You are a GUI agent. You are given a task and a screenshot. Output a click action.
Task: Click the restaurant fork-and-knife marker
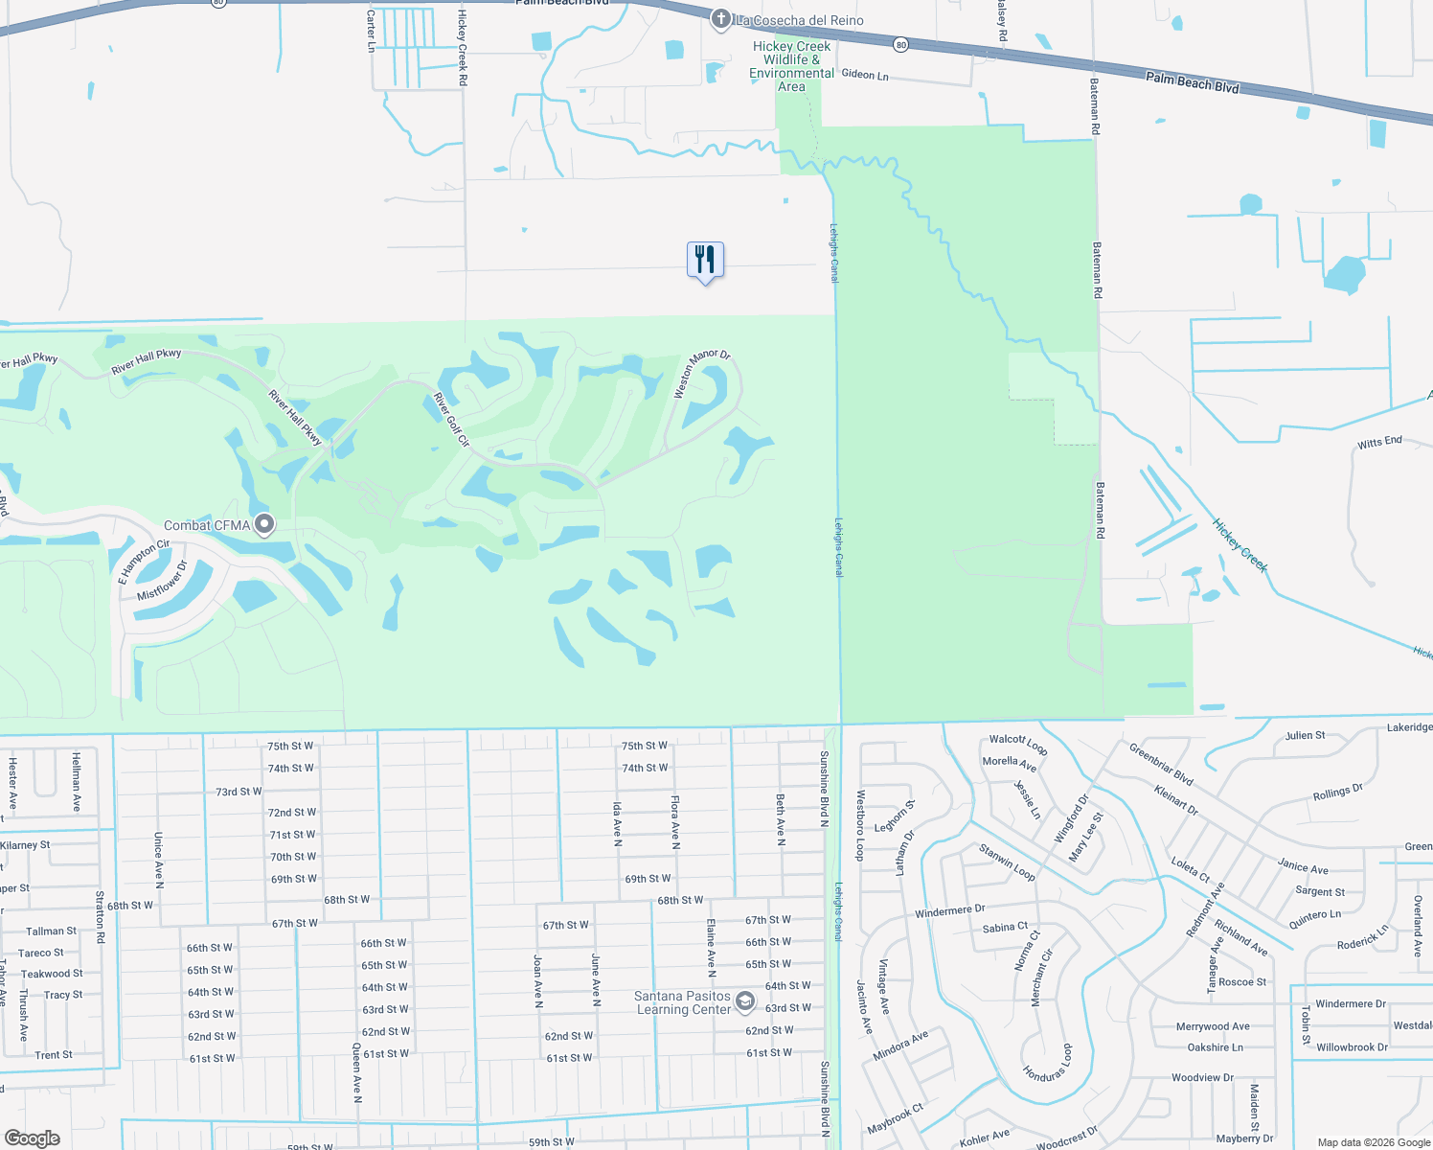tap(705, 260)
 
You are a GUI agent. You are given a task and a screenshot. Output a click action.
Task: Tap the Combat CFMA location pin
tap(264, 524)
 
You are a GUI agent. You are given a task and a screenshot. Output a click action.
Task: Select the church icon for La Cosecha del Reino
tap(721, 19)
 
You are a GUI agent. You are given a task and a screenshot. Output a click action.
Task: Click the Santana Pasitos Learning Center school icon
tap(745, 1002)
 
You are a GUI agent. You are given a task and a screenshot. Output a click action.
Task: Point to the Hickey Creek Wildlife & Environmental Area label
tap(791, 66)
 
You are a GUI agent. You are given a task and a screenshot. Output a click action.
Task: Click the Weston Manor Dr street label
tap(701, 373)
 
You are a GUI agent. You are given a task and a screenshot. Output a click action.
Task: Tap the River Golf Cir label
tap(452, 420)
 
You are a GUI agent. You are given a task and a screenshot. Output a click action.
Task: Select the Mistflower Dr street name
tap(163, 581)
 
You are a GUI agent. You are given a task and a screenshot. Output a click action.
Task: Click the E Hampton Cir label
tap(144, 562)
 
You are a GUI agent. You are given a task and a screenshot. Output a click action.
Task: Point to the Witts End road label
tap(1379, 442)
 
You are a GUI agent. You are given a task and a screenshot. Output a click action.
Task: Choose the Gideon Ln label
tap(865, 75)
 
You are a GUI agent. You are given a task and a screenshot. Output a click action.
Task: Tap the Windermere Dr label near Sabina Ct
tap(949, 910)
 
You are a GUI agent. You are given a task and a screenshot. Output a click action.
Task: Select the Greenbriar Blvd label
tap(1161, 764)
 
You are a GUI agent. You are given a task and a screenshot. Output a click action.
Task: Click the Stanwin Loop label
tap(1007, 862)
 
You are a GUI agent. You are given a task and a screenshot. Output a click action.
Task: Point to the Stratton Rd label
tap(100, 917)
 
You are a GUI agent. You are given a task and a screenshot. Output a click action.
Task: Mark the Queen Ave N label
tap(357, 1073)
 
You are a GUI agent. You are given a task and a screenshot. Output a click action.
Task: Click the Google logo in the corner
tap(33, 1138)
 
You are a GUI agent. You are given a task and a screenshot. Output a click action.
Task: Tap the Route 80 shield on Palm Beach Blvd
tap(900, 44)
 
